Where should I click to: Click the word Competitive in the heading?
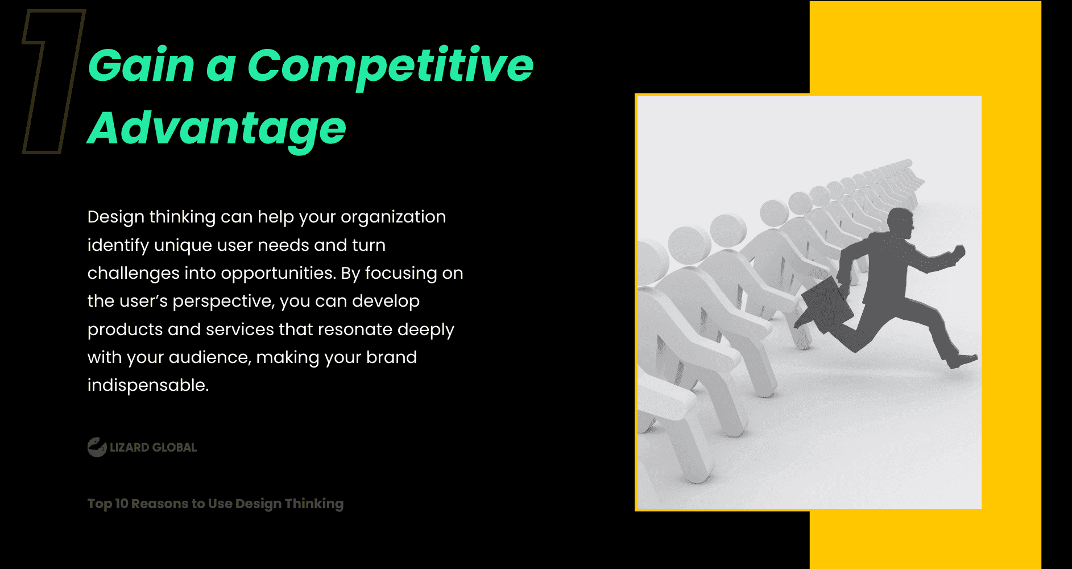point(390,66)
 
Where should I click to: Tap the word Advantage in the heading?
point(217,129)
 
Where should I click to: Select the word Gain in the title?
point(142,66)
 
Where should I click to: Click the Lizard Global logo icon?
point(97,447)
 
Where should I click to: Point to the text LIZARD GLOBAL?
point(153,448)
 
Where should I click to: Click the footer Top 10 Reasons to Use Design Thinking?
point(215,504)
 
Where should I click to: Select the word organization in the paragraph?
point(393,217)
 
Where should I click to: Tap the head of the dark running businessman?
point(901,222)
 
